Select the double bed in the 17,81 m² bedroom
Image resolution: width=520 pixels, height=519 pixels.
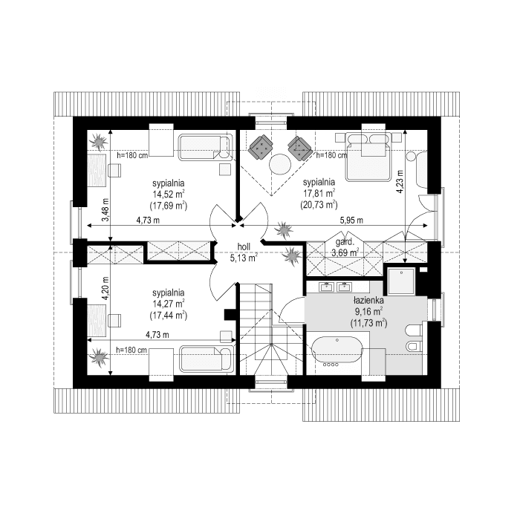(367, 157)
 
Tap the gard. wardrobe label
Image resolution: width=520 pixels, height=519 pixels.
(343, 243)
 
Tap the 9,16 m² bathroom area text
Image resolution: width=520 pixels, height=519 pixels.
(369, 313)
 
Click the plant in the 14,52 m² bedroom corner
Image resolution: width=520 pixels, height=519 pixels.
(97, 139)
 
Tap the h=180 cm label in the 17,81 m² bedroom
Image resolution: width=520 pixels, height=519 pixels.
(331, 156)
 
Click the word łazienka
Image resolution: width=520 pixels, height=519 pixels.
(368, 302)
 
